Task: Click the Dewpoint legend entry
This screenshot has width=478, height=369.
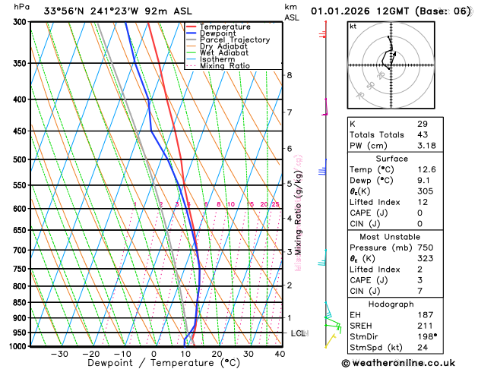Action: pyautogui.click(x=217, y=33)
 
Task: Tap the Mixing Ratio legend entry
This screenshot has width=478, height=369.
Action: pyautogui.click(x=224, y=66)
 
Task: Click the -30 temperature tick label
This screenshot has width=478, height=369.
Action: pyautogui.click(x=59, y=354)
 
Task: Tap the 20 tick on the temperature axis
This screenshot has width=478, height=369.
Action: pyautogui.click(x=217, y=354)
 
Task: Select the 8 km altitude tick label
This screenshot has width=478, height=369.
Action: pyautogui.click(x=290, y=75)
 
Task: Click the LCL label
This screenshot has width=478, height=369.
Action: pyautogui.click(x=298, y=333)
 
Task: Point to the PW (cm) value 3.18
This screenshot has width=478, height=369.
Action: pyautogui.click(x=426, y=145)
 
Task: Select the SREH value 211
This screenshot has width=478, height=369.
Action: pyautogui.click(x=423, y=326)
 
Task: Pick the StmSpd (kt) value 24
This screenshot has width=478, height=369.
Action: pyautogui.click(x=422, y=348)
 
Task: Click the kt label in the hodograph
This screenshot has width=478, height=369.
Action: pyautogui.click(x=353, y=27)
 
